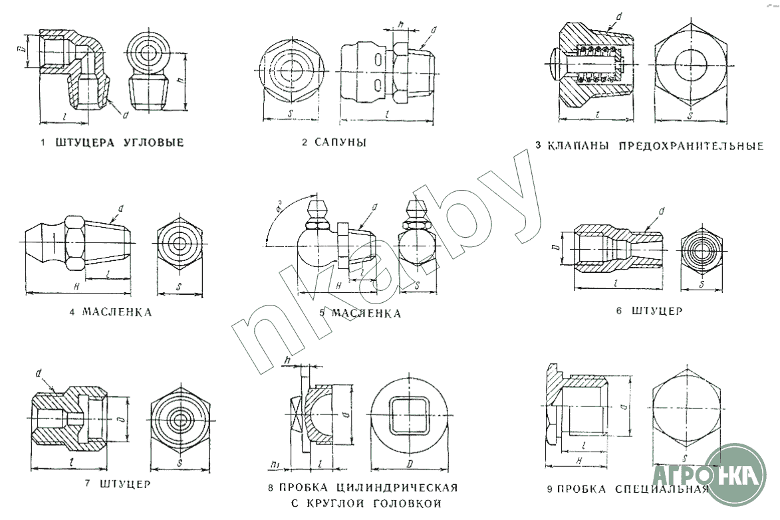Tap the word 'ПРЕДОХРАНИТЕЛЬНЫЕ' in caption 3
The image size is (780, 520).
691,146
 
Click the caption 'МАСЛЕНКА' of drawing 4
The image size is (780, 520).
117,312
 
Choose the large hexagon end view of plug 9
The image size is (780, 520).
688,406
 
